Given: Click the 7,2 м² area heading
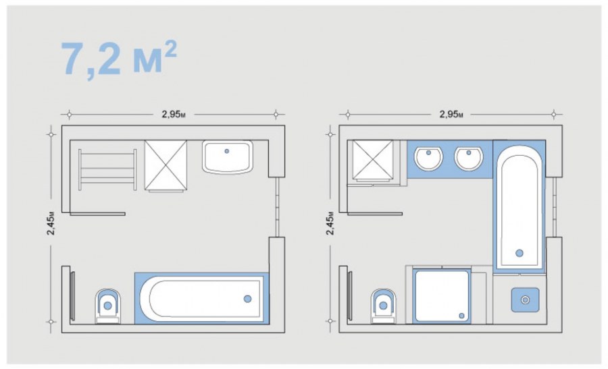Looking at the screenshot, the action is pos(119,58).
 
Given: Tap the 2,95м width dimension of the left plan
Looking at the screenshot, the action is pos(174,114).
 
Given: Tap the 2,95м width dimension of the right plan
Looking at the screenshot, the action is pos(451,114).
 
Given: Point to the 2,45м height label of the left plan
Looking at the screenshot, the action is pos(51,223).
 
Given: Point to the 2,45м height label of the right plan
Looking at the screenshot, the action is pos(330,223).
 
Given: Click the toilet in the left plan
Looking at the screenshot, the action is pos(108,306).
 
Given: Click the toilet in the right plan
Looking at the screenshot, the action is pos(384,306).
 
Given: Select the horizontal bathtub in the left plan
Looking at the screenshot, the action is pos(201,298).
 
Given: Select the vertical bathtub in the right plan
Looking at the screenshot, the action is pos(520,206).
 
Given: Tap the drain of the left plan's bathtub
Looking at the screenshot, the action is pos(247,299).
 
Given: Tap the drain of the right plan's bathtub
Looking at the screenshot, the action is pos(520,253).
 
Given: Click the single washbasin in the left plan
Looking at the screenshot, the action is pos(228,157).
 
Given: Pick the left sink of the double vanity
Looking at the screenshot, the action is pos(428,158).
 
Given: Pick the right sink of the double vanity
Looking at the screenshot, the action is pos(468,158).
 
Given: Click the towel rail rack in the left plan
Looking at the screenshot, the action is pos(107,169).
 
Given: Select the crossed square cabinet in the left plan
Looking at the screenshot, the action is pos(166,166).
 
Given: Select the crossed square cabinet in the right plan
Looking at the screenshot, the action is pos(373,161).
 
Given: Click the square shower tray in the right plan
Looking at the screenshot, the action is pos(442,296).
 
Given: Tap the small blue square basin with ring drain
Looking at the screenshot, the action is pos(525,300).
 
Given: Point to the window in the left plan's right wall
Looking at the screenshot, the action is pos(277,207).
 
